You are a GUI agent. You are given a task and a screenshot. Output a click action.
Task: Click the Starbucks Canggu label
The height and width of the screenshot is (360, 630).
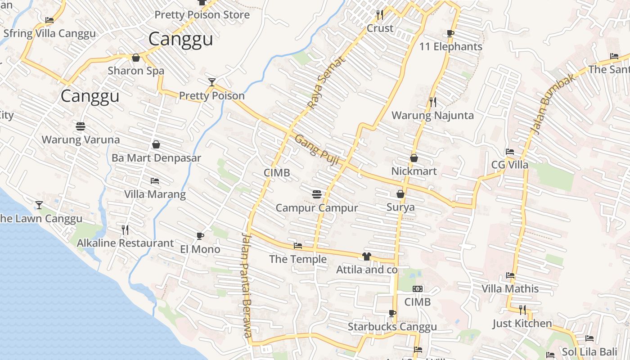tap(392, 327)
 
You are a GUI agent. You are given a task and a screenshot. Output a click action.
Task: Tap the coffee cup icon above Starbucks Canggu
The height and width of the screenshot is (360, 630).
tap(392, 313)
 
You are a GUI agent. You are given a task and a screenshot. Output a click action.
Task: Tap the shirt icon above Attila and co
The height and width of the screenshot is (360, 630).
tap(366, 256)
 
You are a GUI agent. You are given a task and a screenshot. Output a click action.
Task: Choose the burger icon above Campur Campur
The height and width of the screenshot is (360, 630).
tap(317, 194)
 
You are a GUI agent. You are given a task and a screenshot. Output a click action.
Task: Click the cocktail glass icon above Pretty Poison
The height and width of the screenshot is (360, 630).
tap(212, 82)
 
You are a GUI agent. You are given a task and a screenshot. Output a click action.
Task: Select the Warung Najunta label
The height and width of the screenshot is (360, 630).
tap(432, 116)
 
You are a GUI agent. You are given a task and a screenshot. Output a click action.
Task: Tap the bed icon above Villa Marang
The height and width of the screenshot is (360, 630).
tap(155, 181)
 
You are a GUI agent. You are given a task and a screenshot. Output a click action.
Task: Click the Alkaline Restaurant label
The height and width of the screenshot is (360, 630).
tap(125, 243)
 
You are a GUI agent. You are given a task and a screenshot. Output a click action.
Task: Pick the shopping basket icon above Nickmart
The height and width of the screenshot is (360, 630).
tap(414, 158)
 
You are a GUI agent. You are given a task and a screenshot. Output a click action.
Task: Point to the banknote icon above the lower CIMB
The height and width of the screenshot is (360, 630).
tap(418, 289)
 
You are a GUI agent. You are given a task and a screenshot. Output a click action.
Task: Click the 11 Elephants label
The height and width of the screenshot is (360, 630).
tap(450, 47)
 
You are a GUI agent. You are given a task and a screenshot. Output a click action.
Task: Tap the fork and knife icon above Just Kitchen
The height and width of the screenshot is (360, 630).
tap(522, 310)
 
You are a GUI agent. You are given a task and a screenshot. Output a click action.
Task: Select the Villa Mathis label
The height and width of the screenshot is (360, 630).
tap(510, 288)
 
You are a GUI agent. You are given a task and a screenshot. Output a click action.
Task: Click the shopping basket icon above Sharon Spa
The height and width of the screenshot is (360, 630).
tap(136, 57)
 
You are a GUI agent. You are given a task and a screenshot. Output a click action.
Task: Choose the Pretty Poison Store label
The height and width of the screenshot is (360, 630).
tap(202, 15)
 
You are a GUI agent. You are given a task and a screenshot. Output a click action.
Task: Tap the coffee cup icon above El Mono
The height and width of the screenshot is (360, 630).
tap(200, 236)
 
